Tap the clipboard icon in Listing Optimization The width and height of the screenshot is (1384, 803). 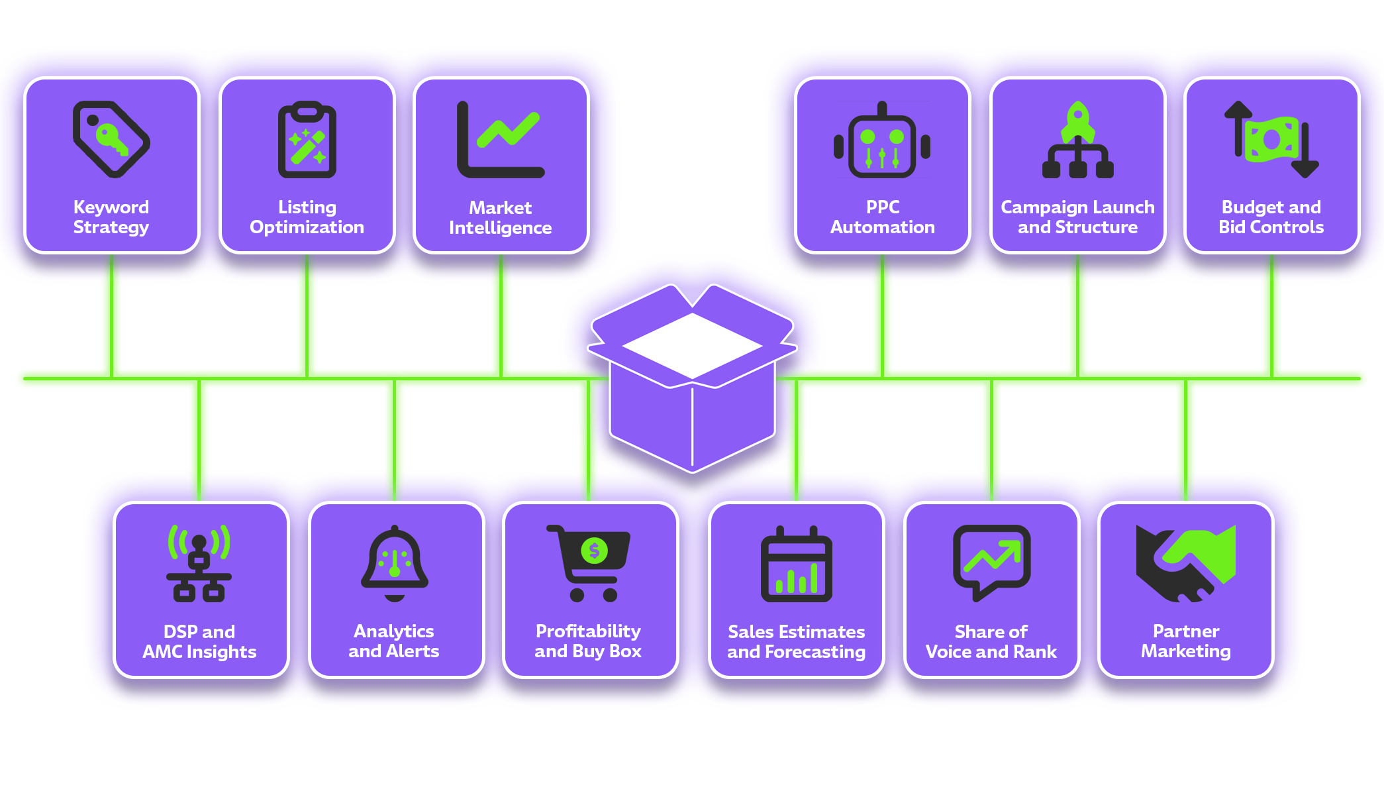coord(307,140)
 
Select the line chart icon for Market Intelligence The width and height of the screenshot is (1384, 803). coord(501,140)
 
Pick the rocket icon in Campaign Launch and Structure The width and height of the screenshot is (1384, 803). coord(1077,121)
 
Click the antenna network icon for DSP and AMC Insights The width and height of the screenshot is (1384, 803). coord(199,563)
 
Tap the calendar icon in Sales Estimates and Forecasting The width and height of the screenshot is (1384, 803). coord(796,564)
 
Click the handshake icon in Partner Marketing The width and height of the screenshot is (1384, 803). coord(1185,563)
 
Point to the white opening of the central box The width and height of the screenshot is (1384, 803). coord(692,346)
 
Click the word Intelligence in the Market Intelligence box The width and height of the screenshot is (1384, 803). coord(501,228)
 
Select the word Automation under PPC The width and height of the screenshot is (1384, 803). coord(882,227)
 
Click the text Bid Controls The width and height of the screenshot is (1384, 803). coord(1271,227)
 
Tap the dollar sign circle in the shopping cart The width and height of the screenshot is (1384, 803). coord(594,551)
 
